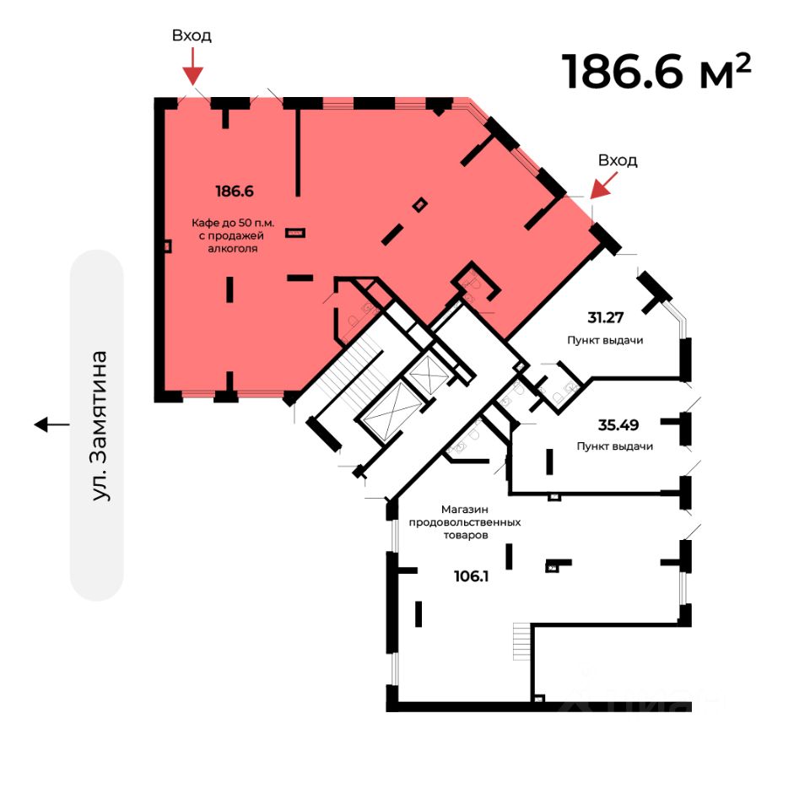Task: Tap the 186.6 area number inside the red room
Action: pos(235,191)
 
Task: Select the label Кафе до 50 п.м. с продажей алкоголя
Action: pos(233,235)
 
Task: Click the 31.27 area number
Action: pos(607,317)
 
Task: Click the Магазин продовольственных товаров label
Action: pos(465,522)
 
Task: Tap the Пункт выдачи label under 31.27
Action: pos(606,340)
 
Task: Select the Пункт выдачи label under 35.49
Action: pos(615,446)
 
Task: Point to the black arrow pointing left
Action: pos(52,424)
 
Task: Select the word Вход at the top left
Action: pos(192,35)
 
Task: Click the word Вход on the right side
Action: pos(618,160)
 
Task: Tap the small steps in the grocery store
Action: pos(521,641)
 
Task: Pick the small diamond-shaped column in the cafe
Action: pos(419,203)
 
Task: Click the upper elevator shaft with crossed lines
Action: pos(424,372)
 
